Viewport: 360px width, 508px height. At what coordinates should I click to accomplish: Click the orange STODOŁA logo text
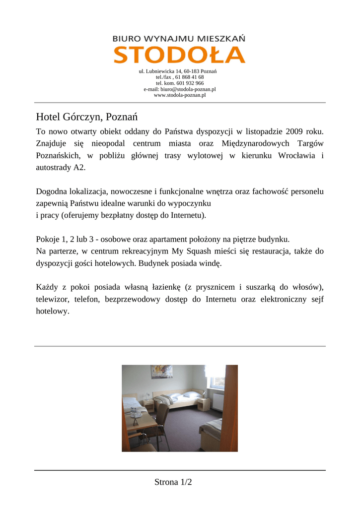tap(179, 55)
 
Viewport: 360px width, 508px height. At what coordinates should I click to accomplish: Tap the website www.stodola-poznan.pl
tap(180, 95)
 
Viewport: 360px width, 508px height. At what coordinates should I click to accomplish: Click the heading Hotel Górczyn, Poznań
tap(86, 117)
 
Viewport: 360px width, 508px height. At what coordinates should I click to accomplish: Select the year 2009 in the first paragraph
tap(295, 131)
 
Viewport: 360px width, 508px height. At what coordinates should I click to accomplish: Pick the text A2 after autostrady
tap(79, 168)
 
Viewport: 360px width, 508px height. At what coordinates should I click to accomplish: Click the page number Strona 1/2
tap(173, 482)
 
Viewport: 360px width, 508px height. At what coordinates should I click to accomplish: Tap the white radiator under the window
tap(217, 401)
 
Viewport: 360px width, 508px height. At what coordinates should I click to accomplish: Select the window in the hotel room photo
tap(217, 380)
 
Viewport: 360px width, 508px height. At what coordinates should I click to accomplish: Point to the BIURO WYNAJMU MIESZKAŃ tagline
tap(179, 38)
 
